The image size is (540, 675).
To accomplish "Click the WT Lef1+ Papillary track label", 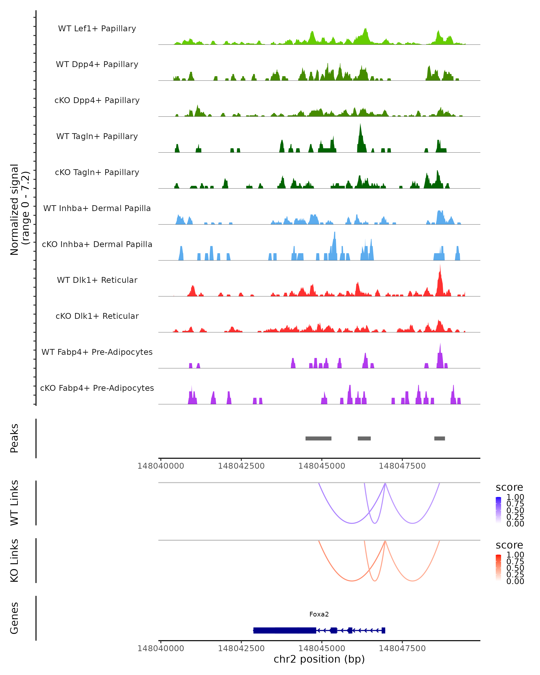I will pos(97,29).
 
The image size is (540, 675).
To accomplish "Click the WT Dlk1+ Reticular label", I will pos(97,280).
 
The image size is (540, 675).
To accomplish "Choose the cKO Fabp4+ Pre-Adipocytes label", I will pos(97,388).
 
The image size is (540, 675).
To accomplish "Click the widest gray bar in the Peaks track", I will pos(318,438).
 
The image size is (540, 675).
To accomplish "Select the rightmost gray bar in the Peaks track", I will pos(439,438).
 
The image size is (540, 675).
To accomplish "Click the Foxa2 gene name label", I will pos(319,614).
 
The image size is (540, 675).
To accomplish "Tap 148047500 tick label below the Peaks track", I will pos(402,466).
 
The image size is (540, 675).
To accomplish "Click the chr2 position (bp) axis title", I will pos(319,659).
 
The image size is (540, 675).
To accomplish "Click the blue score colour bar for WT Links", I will pos(498,510).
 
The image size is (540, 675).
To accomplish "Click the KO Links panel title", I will pos(14,560).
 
